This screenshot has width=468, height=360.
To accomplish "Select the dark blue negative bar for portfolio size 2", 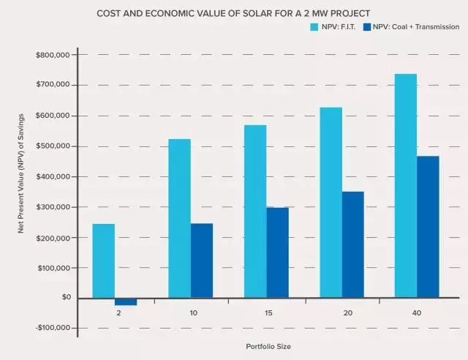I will (x=126, y=301).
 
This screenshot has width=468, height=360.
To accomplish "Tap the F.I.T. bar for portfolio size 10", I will (x=179, y=218).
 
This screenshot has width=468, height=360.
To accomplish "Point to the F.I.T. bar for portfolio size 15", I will (x=255, y=211).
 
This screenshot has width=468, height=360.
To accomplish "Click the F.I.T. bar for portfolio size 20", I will (x=331, y=203).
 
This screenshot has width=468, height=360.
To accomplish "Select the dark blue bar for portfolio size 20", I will (x=352, y=244).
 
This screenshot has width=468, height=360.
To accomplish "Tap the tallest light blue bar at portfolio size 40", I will (x=406, y=186).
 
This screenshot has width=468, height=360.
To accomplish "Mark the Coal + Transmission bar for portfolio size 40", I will (x=428, y=227).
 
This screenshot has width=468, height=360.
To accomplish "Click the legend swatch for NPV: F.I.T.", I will (x=315, y=27).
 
